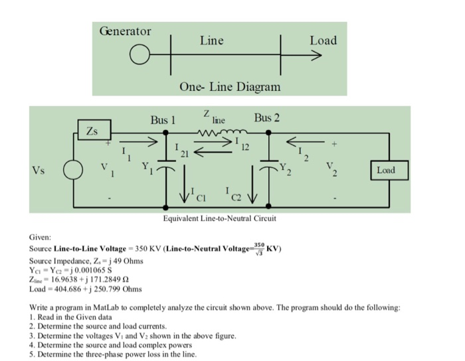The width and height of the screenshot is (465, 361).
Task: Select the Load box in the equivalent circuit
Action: [x=385, y=170]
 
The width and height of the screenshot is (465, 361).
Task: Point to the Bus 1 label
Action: [x=163, y=120]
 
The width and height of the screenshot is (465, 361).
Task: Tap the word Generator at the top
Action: [x=125, y=31]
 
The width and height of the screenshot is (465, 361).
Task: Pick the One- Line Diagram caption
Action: [x=230, y=87]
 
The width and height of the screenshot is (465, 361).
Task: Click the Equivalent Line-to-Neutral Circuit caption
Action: [x=220, y=218]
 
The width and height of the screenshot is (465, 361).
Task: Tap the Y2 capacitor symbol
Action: [x=268, y=163]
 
